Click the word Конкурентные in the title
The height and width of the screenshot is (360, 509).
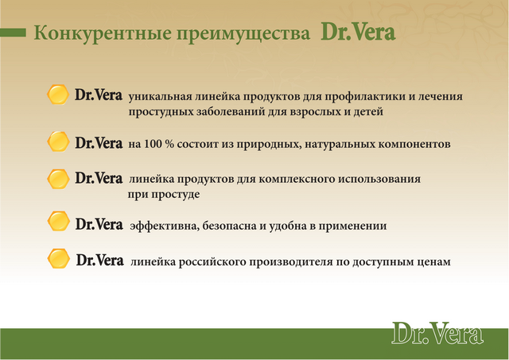[103, 33]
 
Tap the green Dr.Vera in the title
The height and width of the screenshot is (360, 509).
[358, 32]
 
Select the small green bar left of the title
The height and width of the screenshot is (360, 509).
[13, 33]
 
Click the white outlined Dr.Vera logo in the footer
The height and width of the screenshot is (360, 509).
[437, 333]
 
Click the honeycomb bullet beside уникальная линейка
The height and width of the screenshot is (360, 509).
[58, 95]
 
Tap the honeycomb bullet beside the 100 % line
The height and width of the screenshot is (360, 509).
[58, 141]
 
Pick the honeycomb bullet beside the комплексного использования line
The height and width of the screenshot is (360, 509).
[58, 179]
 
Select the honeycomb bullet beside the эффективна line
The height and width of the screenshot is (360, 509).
[58, 221]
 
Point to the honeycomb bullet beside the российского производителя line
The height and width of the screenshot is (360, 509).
[58, 258]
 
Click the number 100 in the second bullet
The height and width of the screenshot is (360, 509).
[153, 144]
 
